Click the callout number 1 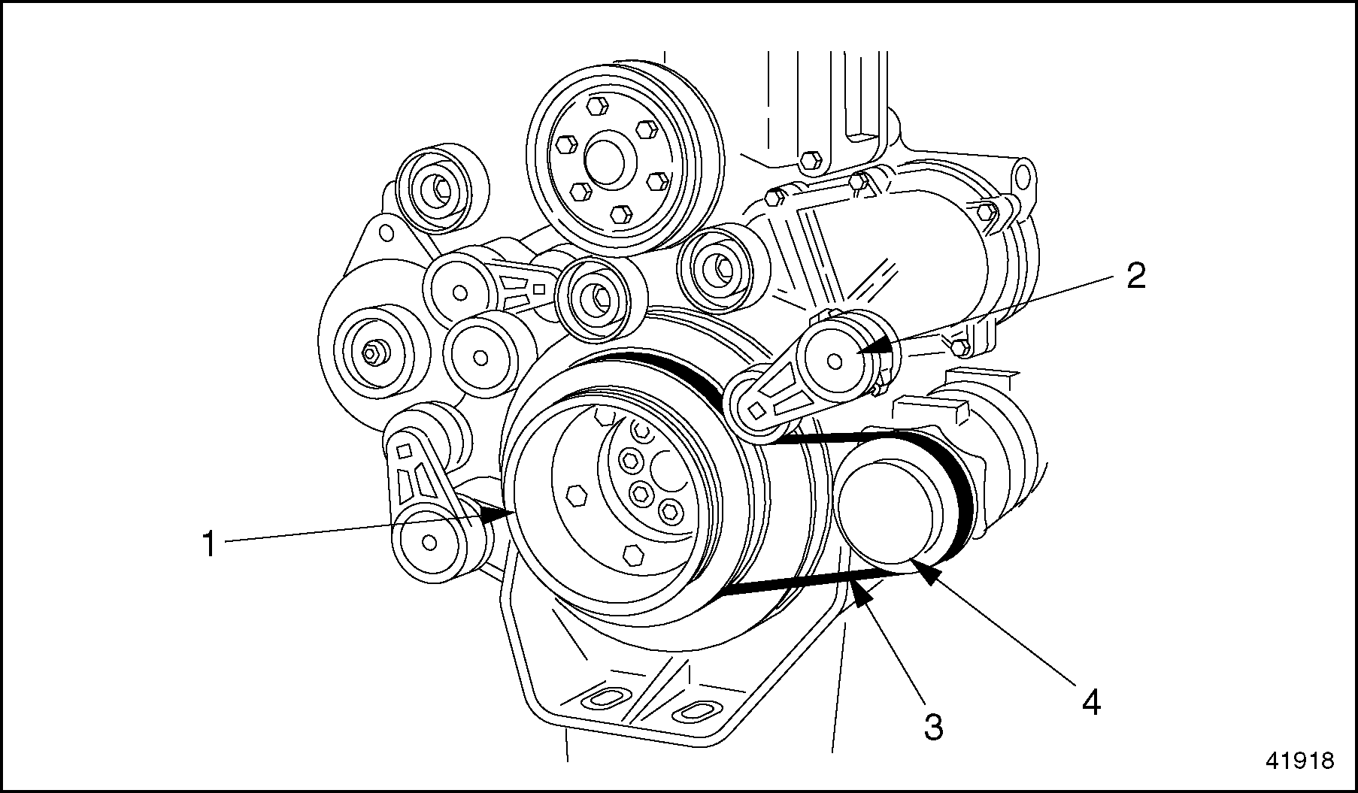208,545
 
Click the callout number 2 1135,276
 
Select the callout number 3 932,727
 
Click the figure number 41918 1299,761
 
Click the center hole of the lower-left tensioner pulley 429,541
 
